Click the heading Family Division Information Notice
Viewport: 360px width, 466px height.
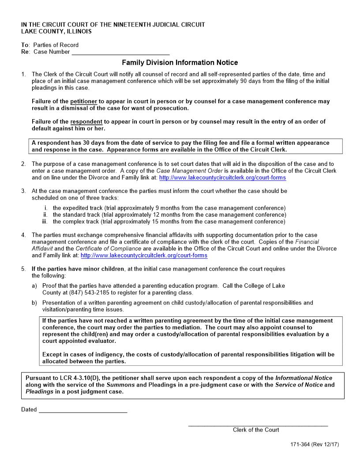180,63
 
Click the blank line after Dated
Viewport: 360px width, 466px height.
83,410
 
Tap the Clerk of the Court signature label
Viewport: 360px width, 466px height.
256,430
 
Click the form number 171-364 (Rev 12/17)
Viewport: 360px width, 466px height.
311,444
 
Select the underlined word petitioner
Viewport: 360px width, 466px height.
83,101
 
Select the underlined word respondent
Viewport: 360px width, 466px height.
86,122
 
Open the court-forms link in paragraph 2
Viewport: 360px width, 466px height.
222,178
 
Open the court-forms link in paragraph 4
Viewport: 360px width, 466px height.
144,256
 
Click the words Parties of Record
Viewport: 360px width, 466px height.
56,45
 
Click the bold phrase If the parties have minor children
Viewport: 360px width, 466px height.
78,269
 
